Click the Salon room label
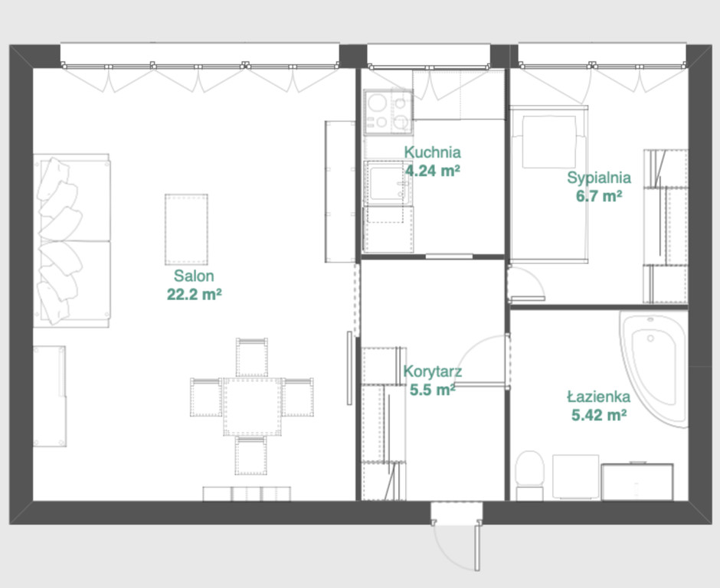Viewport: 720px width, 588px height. coord(194,276)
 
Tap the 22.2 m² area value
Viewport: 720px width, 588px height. coord(195,294)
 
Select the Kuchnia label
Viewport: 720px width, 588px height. coord(432,152)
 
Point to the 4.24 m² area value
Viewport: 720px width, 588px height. coord(433,171)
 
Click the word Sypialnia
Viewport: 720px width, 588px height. coord(599,178)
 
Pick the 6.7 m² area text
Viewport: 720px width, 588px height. coord(599,197)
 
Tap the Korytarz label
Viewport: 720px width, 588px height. coord(433,371)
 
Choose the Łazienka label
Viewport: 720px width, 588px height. coord(599,396)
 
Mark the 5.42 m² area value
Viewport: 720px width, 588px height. coord(599,415)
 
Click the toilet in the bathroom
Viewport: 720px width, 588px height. coord(529,475)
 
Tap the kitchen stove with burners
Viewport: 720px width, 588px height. coord(388,113)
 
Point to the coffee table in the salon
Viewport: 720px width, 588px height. coord(186,230)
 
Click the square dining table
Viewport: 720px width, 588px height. coord(253,407)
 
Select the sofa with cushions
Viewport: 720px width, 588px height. coord(72,241)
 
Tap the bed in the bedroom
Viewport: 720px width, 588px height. coord(548,184)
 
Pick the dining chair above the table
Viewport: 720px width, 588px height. coord(252,358)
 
